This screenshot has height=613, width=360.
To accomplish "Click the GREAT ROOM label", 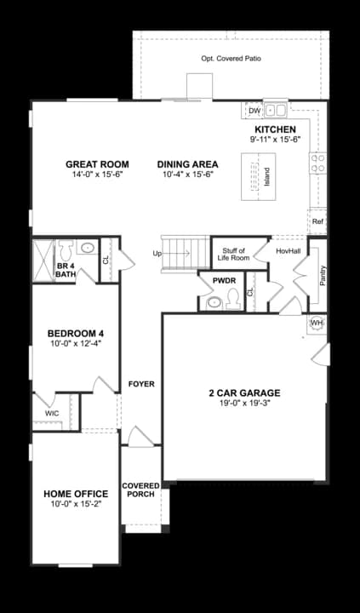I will tap(97, 164).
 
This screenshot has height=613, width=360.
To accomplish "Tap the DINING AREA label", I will tap(187, 164).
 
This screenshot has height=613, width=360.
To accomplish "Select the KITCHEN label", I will tap(274, 129).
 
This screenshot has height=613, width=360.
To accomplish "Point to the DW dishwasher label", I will tap(254, 111).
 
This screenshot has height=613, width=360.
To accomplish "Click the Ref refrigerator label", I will tap(317, 221).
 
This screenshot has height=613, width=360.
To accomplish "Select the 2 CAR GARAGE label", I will tap(244, 393).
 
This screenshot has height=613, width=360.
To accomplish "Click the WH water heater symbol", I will tap(316, 324).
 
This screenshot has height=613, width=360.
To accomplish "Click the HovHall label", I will tap(288, 251).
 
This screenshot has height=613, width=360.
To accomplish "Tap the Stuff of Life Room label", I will tap(231, 253).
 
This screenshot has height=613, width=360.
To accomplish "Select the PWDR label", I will tap(223, 280).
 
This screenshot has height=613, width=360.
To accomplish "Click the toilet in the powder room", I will tap(217, 300).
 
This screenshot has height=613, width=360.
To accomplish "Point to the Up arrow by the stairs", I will tap(157, 253).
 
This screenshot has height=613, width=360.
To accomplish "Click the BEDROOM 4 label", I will tap(75, 333).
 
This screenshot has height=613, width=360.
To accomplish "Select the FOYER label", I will tap(140, 384).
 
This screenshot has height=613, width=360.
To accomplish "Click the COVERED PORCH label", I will tap(140, 490).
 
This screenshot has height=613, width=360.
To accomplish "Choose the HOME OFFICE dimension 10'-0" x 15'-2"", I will tap(76, 505).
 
